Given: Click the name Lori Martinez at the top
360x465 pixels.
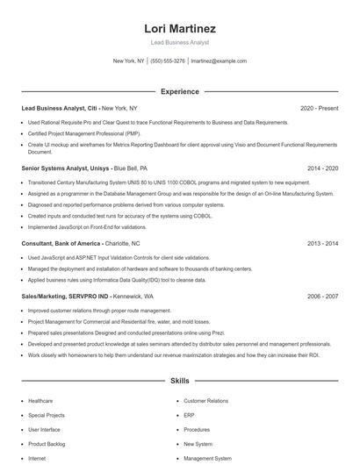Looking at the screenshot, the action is pos(180,29).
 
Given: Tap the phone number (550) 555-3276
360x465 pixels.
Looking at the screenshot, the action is pos(168,61).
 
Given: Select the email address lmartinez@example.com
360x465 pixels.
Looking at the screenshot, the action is pos(219,61).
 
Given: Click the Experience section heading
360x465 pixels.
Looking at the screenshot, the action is pos(180,91).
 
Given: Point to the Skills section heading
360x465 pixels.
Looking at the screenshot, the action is pos(180,382).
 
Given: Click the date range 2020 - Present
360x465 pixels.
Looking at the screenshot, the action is pos(319,108).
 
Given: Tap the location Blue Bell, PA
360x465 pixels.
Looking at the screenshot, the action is pos(131,167).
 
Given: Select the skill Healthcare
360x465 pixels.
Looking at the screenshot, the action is pos(40,401).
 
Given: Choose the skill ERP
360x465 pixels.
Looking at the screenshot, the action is pos(189,415).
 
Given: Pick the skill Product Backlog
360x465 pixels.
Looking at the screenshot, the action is pos(46,444).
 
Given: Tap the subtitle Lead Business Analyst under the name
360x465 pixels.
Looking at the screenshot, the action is pos(180,43).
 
